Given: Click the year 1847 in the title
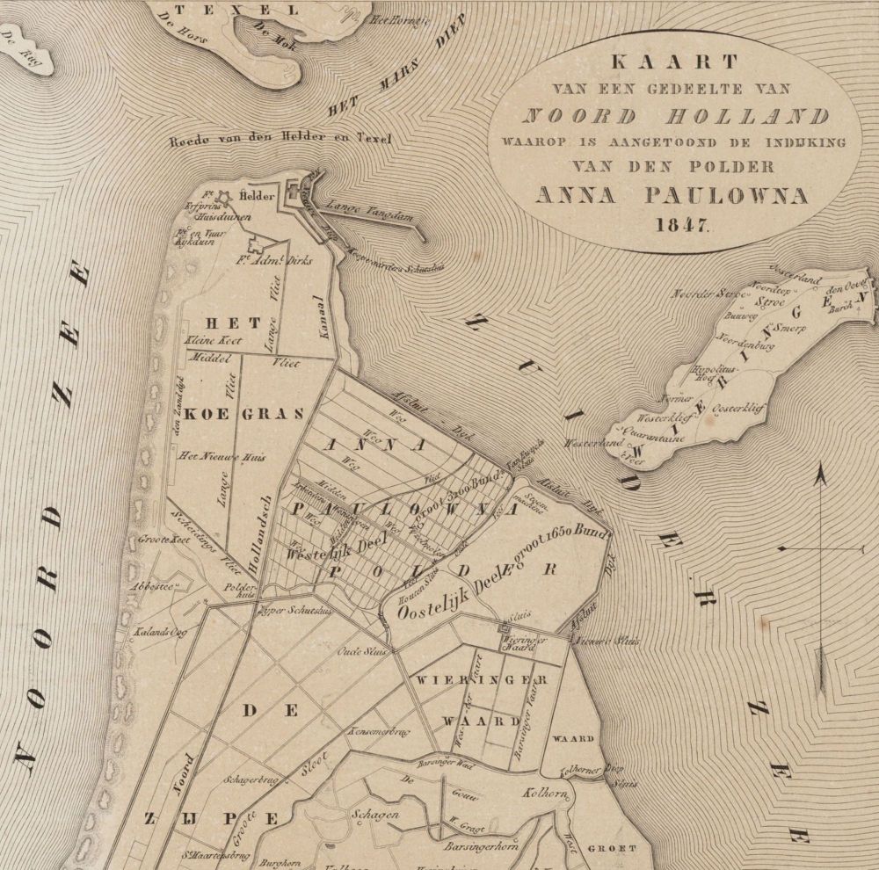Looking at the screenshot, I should (682, 223).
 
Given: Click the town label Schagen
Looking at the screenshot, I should (375, 815).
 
